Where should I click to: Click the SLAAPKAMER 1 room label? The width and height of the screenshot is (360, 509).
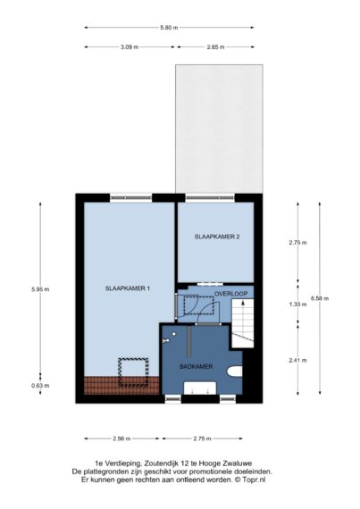(x=128, y=288)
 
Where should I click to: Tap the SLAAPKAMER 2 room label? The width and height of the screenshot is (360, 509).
(x=217, y=237)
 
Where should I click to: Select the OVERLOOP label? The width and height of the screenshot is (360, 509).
(x=230, y=294)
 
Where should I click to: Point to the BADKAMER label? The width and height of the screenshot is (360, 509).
(x=196, y=366)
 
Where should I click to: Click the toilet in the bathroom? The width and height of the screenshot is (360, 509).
(x=235, y=371)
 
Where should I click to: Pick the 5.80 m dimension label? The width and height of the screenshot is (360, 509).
(x=169, y=28)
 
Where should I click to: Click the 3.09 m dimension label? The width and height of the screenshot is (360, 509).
(x=130, y=47)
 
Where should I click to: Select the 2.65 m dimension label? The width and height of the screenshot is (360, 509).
(x=215, y=47)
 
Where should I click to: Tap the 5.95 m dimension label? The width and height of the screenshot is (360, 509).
(x=40, y=289)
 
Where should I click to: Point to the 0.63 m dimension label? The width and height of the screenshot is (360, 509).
(x=40, y=386)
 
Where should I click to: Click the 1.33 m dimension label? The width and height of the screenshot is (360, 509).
(x=297, y=305)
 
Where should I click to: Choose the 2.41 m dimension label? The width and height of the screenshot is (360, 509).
(x=297, y=360)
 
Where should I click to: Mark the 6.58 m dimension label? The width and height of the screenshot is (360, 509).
(x=320, y=298)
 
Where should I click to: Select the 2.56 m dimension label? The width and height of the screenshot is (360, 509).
(x=121, y=438)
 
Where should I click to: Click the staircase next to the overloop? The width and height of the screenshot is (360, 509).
(x=242, y=323)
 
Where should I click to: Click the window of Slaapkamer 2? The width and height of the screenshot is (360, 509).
(x=210, y=197)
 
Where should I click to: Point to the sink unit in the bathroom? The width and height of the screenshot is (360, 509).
(x=200, y=388)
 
